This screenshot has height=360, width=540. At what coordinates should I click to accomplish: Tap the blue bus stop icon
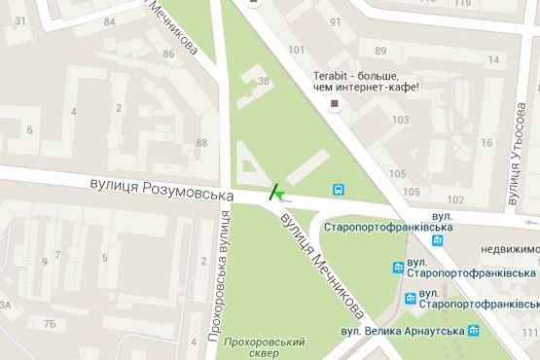click(x=338, y=189)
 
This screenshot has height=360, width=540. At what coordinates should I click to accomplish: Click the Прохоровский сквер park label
click(x=264, y=348)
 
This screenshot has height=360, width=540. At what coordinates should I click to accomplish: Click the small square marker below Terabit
click(x=335, y=102)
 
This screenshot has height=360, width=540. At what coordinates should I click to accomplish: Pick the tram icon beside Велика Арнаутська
click(x=473, y=331)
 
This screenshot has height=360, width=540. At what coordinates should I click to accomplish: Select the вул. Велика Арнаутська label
click(x=401, y=331)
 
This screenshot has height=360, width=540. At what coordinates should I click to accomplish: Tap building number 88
click(x=201, y=144)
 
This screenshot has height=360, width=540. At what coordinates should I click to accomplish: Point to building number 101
click(x=296, y=51)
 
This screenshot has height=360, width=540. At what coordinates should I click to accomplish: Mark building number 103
click(x=399, y=119)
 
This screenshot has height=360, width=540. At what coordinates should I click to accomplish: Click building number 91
click(x=336, y=21)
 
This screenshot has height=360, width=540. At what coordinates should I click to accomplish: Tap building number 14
click(x=493, y=60)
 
